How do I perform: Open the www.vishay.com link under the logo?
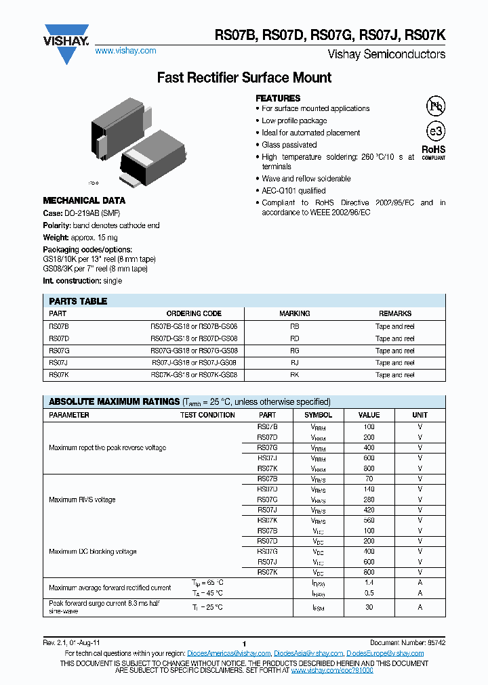pyautogui.click(x=125, y=51)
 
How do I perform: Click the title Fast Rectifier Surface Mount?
pyautogui.click(x=244, y=78)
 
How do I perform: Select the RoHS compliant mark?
pyautogui.click(x=434, y=152)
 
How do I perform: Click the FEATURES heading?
pyautogui.click(x=278, y=98)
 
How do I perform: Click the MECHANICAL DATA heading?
pyautogui.click(x=84, y=200)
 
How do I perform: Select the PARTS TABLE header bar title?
pyautogui.click(x=78, y=301)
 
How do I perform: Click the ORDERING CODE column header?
pyautogui.click(x=194, y=313)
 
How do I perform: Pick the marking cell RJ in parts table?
pyautogui.click(x=294, y=363)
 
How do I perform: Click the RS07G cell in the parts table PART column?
pyautogui.click(x=59, y=351)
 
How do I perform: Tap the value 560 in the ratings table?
pyautogui.click(x=369, y=520)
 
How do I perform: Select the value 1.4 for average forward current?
pyautogui.click(x=369, y=582)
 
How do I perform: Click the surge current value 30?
pyautogui.click(x=369, y=607)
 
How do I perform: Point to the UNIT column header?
pyautogui.click(x=420, y=415)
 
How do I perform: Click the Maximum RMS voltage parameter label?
pyautogui.click(x=82, y=500)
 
